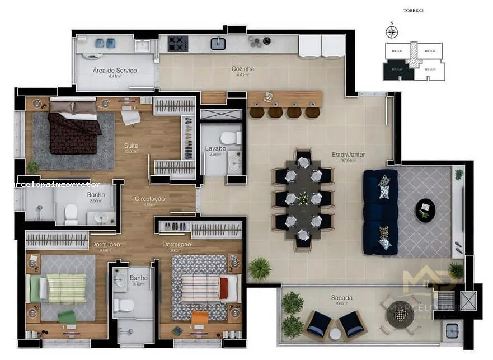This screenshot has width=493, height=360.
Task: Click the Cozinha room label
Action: (x=242, y=69)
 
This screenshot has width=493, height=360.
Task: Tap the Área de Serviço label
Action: (x=114, y=71)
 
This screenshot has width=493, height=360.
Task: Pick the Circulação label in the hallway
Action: (x=149, y=199)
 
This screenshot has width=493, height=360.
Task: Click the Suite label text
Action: (x=131, y=146)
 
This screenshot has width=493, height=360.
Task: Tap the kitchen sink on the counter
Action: (x=218, y=43)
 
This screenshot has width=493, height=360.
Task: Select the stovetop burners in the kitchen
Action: (x=178, y=43)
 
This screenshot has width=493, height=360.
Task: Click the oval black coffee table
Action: (x=425, y=210)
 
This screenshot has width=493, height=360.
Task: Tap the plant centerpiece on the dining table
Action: (x=303, y=198)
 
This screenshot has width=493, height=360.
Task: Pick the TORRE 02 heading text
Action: (x=414, y=11)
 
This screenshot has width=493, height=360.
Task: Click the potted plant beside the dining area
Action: (x=259, y=268)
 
